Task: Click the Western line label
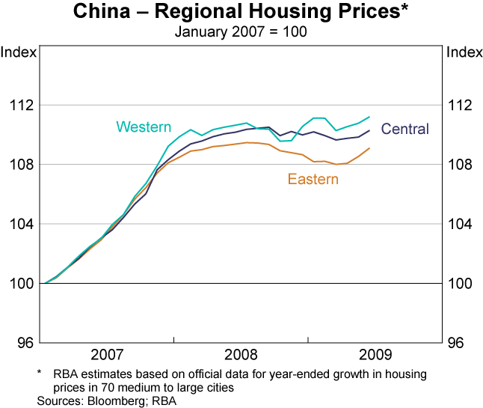coord(144,127)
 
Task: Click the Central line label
coord(405,129)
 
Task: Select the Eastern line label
coord(313,180)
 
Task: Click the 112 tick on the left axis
coord(22,105)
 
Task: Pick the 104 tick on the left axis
coord(22,225)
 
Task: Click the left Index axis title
coord(18,52)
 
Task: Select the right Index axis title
coord(464,52)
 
